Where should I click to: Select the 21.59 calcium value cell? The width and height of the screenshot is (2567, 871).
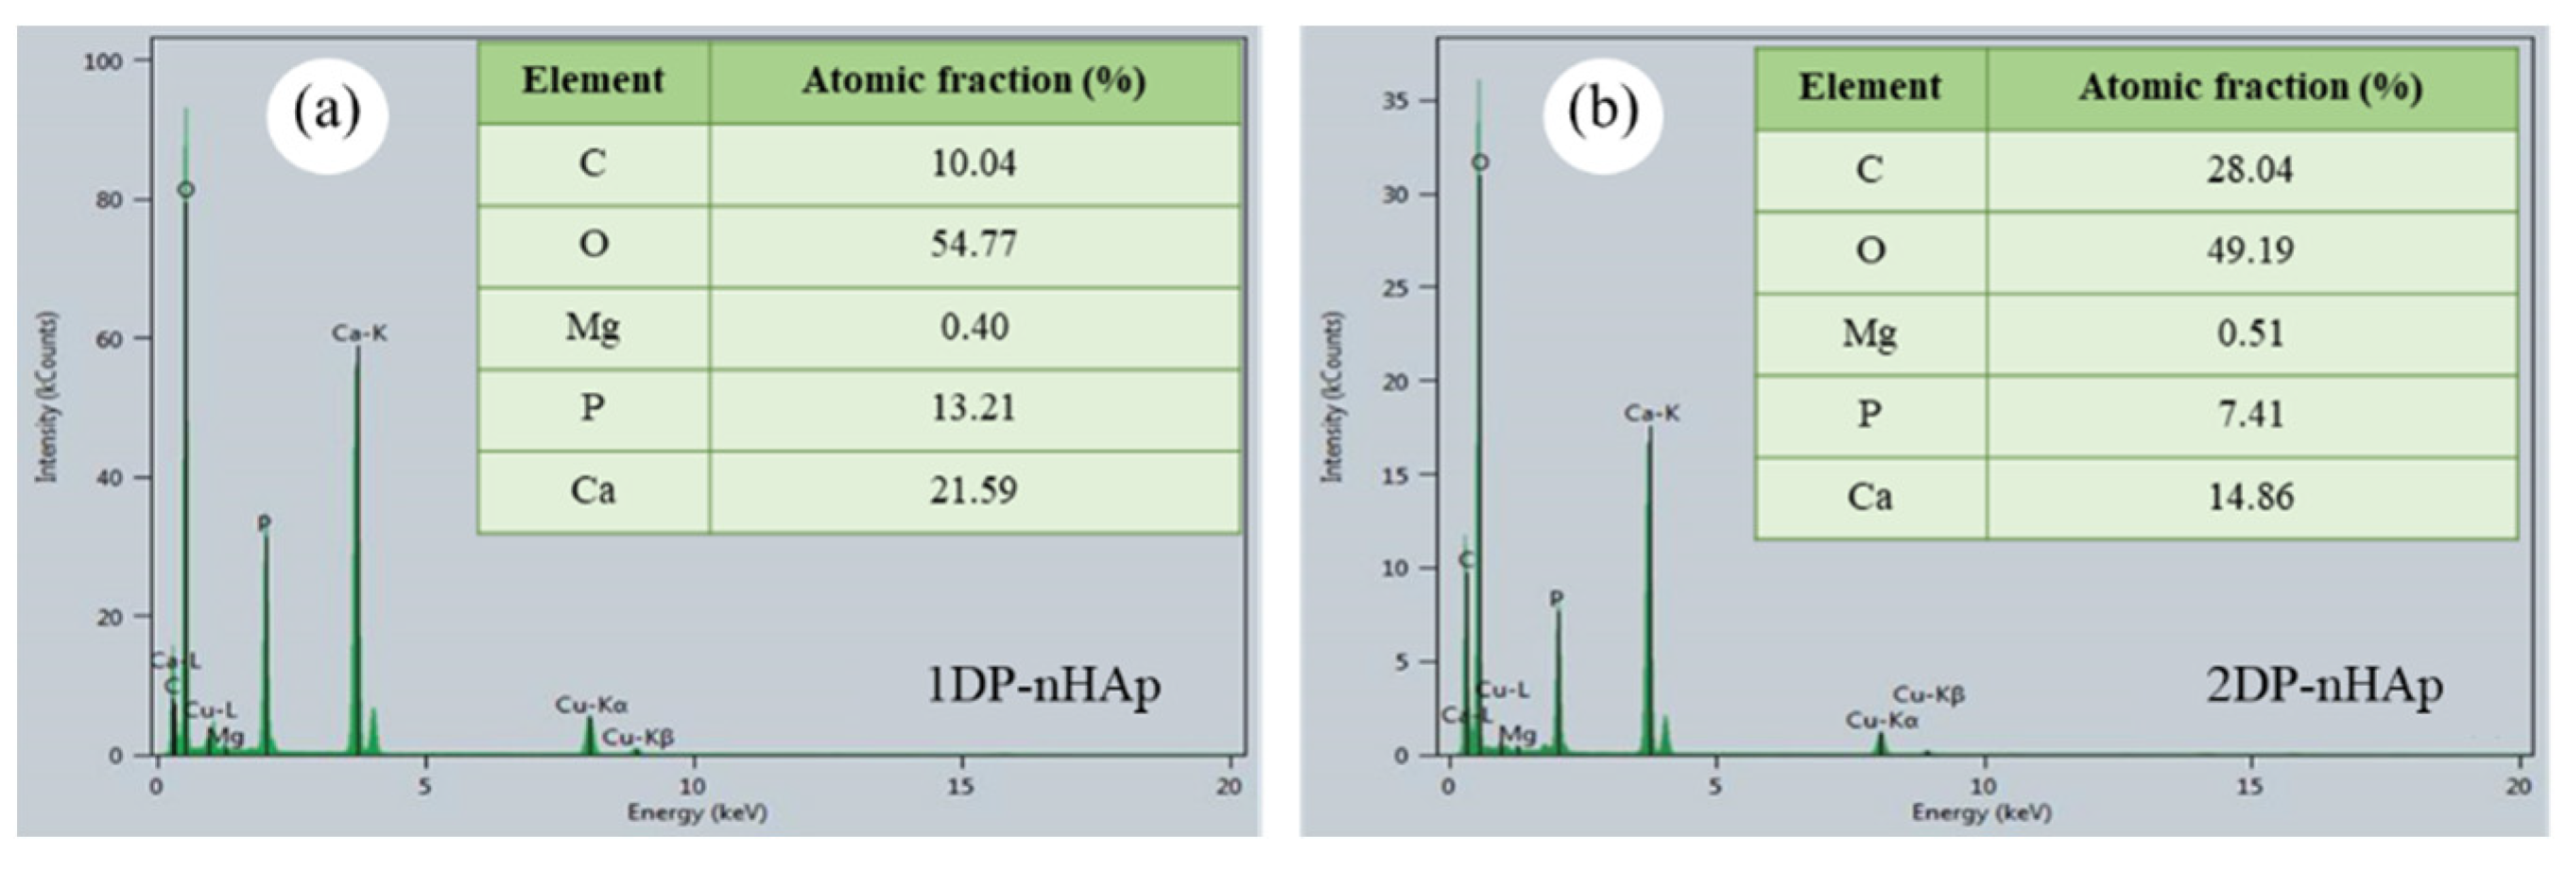coord(973,490)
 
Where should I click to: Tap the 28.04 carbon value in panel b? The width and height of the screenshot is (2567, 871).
coord(2249,169)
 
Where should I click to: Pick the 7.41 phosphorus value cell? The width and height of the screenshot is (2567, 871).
coord(2249,415)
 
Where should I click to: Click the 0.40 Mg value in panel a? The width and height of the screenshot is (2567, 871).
coord(973,327)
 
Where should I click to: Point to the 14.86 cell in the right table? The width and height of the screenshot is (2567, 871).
coord(2249,496)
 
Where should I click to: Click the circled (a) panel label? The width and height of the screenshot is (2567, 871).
coord(327,112)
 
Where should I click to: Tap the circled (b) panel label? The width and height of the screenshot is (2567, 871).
coord(1602,112)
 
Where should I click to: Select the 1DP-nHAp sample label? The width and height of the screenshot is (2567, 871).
coord(1043,687)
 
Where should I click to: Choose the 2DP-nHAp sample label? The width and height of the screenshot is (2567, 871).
coord(2324,687)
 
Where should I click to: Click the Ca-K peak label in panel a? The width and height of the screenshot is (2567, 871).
coord(360,333)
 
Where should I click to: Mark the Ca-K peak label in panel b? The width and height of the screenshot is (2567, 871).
coord(1651,413)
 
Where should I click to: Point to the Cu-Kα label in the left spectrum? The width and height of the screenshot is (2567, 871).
coord(591,706)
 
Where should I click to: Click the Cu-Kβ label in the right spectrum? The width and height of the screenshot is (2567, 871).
coord(1928,694)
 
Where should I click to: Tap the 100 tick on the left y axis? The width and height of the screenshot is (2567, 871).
coord(103,61)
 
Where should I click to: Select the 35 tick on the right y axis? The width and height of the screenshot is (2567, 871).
coord(1394,102)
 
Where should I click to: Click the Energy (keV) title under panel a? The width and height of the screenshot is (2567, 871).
coord(697,813)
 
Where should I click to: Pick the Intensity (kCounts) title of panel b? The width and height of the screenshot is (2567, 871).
coord(1333,397)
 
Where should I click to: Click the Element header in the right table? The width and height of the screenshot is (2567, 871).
coord(1869,88)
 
